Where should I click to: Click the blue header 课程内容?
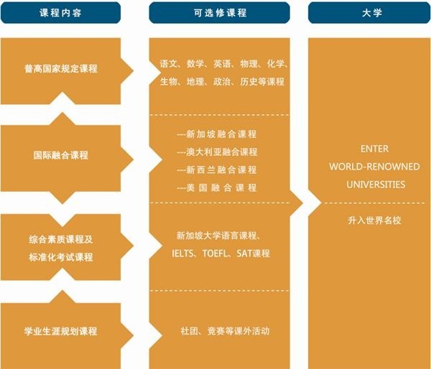tap(60, 13)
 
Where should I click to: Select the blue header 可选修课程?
tap(219, 13)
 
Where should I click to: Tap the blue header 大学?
tap(369, 13)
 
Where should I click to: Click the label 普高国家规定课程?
tap(61, 68)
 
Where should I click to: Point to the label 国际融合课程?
tap(61, 155)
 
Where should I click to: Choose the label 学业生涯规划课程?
tap(61, 331)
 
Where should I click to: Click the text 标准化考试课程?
tap(61, 257)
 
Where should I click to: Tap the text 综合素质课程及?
tap(61, 239)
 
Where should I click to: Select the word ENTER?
tap(374, 149)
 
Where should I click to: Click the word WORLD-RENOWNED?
tap(374, 167)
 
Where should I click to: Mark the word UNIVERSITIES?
tap(376, 184)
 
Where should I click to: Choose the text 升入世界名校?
tap(374, 220)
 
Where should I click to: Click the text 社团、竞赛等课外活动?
tap(225, 331)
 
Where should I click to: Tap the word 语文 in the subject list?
tap(168, 64)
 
